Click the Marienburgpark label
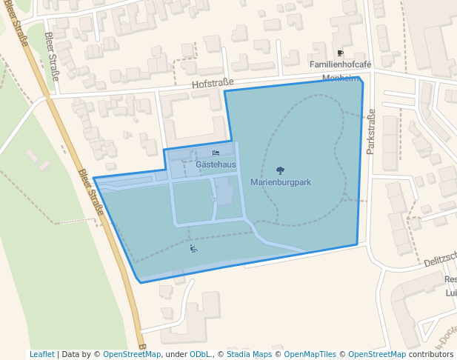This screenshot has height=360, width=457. [280, 182]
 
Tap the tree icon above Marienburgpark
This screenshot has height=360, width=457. [280, 171]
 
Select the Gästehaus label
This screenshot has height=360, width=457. [216, 163]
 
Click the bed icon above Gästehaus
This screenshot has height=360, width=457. [216, 153]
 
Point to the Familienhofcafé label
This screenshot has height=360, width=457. [340, 64]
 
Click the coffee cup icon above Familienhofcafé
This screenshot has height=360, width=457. [340, 53]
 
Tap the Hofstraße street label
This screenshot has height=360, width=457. [213, 83]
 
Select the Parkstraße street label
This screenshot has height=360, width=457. [371, 131]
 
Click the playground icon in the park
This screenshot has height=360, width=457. [193, 249]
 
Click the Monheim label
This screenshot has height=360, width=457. [341, 78]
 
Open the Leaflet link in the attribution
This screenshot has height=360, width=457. [41, 354]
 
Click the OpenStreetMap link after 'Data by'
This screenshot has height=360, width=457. [132, 354]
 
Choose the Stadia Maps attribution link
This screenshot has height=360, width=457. [249, 354]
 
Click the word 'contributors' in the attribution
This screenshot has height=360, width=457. [431, 354]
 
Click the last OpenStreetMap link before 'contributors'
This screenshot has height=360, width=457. [377, 354]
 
